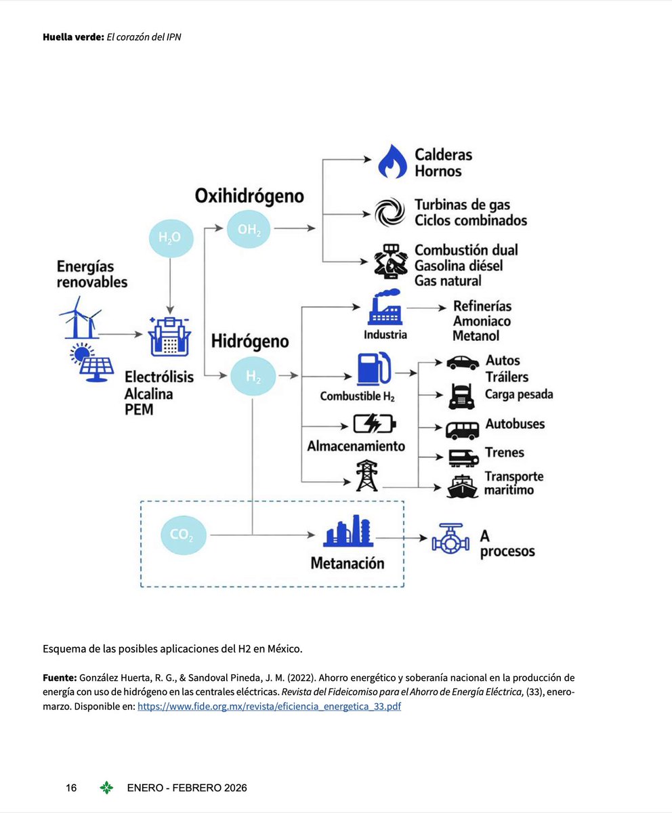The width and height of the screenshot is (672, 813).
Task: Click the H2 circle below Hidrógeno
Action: (x=253, y=376)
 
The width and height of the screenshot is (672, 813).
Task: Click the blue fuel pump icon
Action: (x=373, y=369)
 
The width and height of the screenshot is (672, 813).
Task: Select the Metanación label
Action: (x=348, y=563)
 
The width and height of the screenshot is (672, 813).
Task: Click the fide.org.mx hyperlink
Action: (x=269, y=706)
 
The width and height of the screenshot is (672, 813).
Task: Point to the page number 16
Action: (x=71, y=788)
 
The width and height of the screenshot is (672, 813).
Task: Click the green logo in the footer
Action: (x=106, y=788)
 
